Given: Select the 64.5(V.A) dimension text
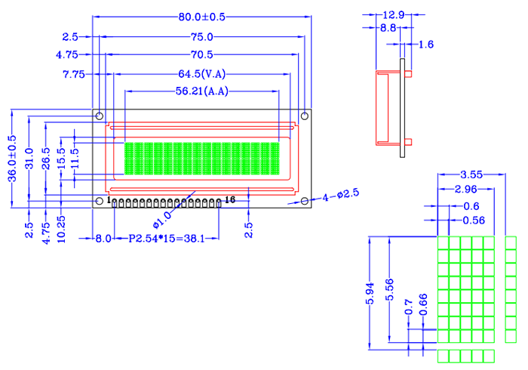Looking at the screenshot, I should click(x=202, y=74).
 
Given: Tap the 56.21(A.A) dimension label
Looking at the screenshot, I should click(x=202, y=91).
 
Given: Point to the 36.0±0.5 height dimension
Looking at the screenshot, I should click(x=11, y=159).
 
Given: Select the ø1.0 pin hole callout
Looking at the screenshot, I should click(x=162, y=219).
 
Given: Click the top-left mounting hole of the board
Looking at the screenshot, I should click(x=100, y=116).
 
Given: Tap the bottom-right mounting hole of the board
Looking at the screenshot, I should click(x=304, y=202).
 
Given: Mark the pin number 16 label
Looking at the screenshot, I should click(x=230, y=199).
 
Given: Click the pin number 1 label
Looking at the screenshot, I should click(x=109, y=199).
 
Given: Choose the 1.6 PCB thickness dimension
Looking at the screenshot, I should click(x=425, y=45).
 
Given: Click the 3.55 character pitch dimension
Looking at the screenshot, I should click(x=471, y=174).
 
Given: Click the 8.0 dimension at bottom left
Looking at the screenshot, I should click(x=103, y=238).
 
